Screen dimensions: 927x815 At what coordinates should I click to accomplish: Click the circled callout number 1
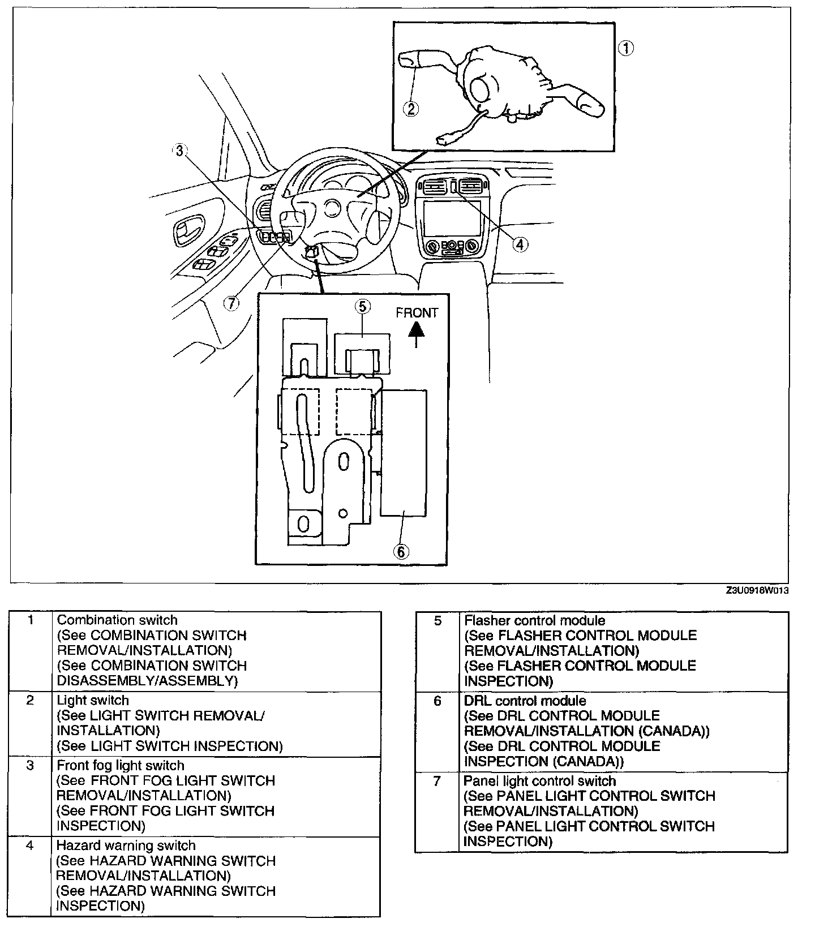(625, 49)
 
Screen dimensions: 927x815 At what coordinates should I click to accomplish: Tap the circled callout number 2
(410, 108)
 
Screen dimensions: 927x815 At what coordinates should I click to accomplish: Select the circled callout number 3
(179, 151)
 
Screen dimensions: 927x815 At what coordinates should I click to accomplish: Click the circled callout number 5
(362, 306)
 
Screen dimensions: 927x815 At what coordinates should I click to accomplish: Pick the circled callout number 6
(401, 551)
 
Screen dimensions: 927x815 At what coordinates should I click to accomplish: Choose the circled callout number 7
(231, 303)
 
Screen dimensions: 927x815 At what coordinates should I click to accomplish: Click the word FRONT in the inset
(417, 312)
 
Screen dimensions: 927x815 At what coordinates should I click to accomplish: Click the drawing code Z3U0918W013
(757, 590)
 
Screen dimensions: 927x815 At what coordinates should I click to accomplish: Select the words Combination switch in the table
(117, 620)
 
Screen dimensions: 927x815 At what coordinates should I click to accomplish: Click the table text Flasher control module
(534, 620)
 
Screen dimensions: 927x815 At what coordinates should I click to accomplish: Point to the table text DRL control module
(525, 701)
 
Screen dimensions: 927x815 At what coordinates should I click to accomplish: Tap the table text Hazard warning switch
(126, 846)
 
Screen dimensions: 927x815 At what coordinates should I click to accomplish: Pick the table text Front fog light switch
(121, 765)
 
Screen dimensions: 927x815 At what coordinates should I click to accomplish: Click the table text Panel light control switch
(539, 781)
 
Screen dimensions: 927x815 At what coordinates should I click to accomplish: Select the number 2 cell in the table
(31, 701)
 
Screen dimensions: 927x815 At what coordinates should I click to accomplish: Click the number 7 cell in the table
(437, 781)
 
